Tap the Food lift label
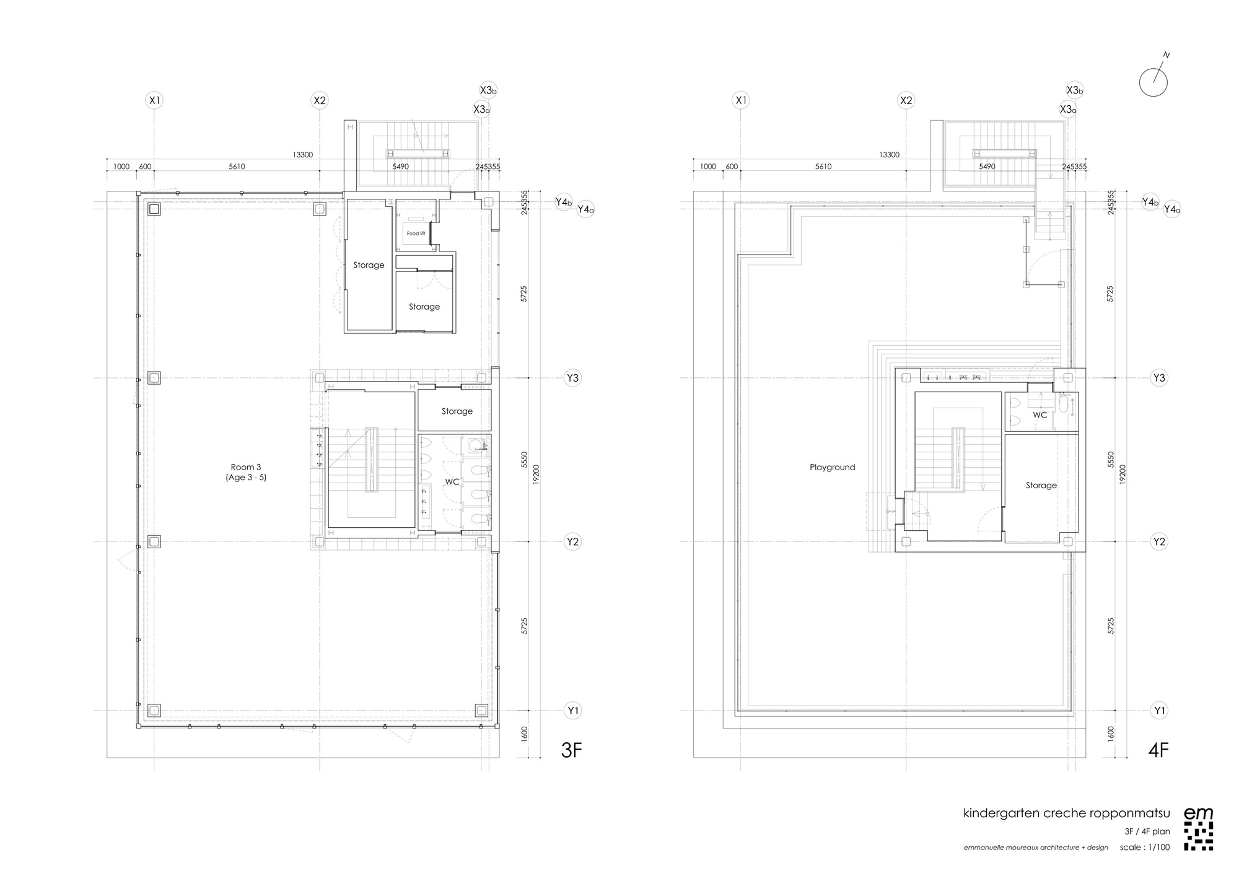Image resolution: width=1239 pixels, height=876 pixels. (x=416, y=234)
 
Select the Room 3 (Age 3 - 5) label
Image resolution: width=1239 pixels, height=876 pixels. (x=246, y=472)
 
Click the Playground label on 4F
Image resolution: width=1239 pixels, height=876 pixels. (x=832, y=467)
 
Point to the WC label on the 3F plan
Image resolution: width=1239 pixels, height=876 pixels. (x=452, y=481)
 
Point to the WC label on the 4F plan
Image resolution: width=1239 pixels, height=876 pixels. (x=1040, y=414)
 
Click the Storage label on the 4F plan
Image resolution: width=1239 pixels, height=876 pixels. (x=1041, y=485)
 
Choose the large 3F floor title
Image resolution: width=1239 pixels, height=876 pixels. (x=571, y=750)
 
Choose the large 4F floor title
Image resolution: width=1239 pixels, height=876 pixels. (x=1158, y=750)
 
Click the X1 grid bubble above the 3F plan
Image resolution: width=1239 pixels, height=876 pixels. (x=154, y=100)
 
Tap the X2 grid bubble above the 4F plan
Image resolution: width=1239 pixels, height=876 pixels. (x=906, y=100)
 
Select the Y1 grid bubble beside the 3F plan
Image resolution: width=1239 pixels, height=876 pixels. (x=573, y=711)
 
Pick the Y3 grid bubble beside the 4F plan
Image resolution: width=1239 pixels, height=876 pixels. (x=1159, y=378)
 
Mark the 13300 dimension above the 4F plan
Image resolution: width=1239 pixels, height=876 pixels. (x=889, y=155)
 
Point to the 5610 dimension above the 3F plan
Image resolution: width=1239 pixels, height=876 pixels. (x=237, y=167)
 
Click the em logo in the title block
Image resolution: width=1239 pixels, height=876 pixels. (x=1198, y=829)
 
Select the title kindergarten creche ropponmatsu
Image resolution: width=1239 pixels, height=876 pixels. (x=1066, y=813)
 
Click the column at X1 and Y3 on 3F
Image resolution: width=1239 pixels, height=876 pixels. (x=154, y=377)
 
